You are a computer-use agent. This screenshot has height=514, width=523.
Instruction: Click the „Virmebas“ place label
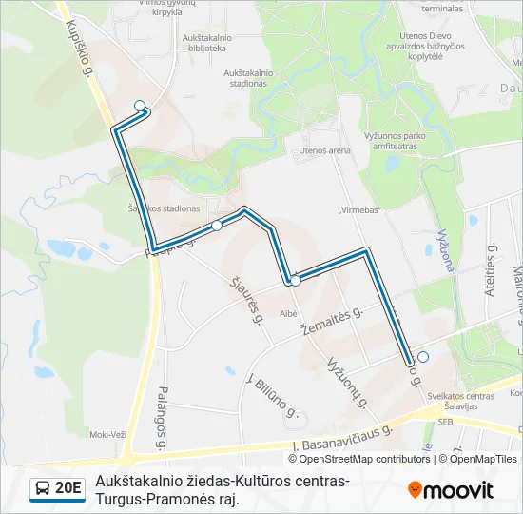[x=359, y=209]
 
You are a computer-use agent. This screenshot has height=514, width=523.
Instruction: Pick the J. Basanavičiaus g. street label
[x=342, y=437]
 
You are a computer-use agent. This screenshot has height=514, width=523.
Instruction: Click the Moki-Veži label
[x=107, y=434]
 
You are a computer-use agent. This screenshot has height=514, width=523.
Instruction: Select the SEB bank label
[x=443, y=421]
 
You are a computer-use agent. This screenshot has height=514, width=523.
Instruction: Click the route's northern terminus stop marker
[x=140, y=106]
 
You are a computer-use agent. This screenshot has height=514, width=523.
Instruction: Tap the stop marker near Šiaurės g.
[x=217, y=226]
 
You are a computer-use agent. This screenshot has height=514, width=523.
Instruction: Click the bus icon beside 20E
[x=42, y=489]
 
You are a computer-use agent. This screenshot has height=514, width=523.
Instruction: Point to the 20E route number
[x=68, y=489]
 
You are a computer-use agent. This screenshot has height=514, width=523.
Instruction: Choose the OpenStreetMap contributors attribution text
[x=353, y=459]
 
